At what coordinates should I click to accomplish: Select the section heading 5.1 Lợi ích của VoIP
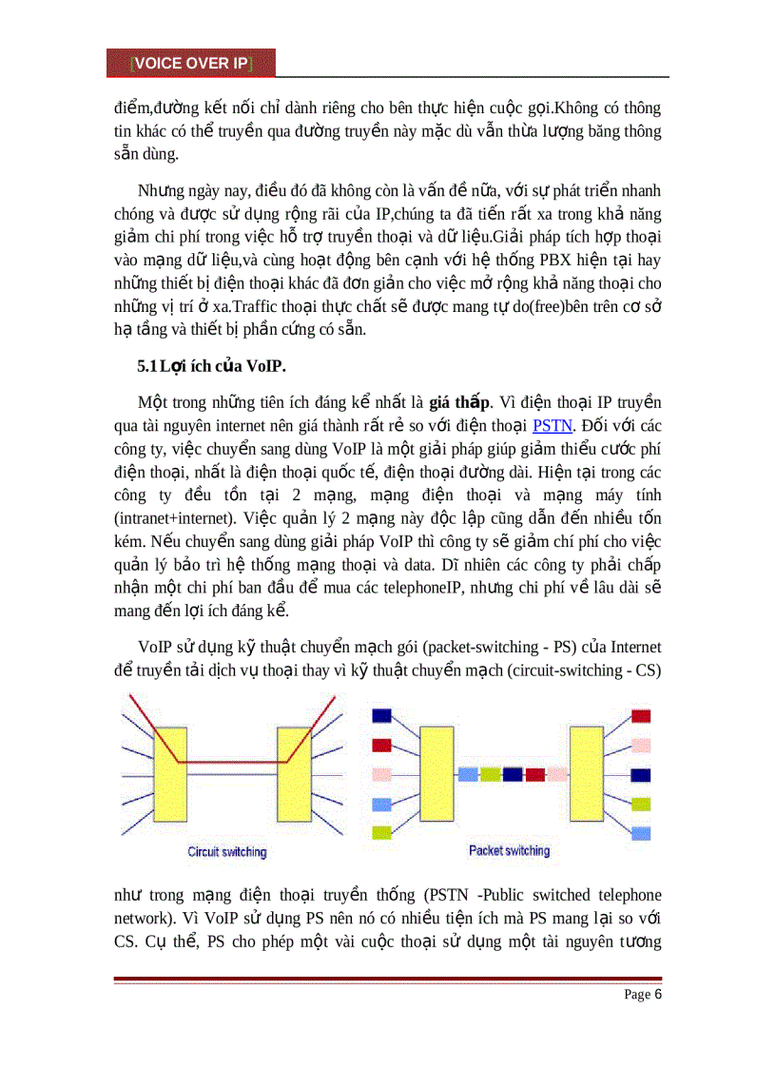click(x=214, y=366)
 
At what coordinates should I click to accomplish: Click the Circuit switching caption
click(x=227, y=852)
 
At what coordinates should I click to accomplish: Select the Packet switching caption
click(x=510, y=850)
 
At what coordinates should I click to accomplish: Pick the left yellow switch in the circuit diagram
click(x=171, y=773)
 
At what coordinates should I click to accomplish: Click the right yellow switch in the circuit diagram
click(x=294, y=773)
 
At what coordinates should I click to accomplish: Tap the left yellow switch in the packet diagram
click(x=436, y=773)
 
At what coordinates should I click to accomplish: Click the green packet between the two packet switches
click(x=490, y=774)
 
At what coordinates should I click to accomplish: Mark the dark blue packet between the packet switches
click(x=513, y=774)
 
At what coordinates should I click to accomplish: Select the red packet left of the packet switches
click(x=382, y=745)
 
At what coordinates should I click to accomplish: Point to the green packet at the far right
click(x=641, y=805)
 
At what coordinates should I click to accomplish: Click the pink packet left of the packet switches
click(x=382, y=774)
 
